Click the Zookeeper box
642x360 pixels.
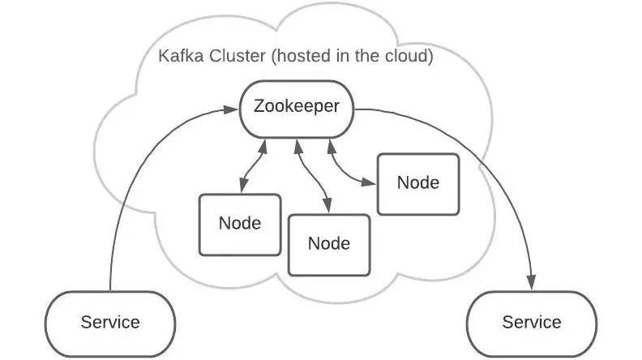click(297, 109)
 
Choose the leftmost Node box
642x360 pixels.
click(240, 222)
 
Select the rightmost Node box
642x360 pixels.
click(418, 182)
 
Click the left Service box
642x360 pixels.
click(110, 322)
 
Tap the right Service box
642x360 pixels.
click(532, 322)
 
